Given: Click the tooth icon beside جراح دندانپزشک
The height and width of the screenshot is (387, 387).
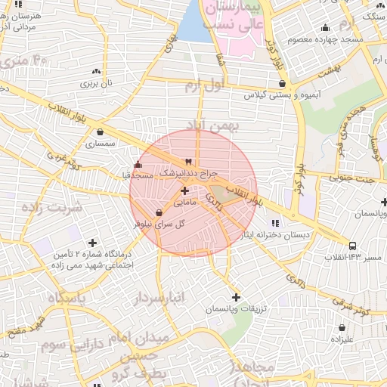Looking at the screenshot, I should click(189, 161).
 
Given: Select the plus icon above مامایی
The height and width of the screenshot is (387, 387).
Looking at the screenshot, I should click(185, 191).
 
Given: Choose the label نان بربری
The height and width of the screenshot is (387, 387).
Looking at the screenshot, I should click(97, 82).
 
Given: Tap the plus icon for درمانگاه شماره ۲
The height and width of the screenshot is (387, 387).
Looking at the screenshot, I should click(92, 243).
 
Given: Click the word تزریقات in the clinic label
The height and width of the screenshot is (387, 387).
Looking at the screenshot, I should click(254, 309).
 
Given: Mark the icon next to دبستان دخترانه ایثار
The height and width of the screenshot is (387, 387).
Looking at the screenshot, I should click(275, 222).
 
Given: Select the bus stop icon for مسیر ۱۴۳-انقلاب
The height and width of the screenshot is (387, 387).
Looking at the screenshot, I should click(354, 246).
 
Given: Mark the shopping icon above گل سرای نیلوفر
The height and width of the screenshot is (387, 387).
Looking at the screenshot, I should click(158, 213).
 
